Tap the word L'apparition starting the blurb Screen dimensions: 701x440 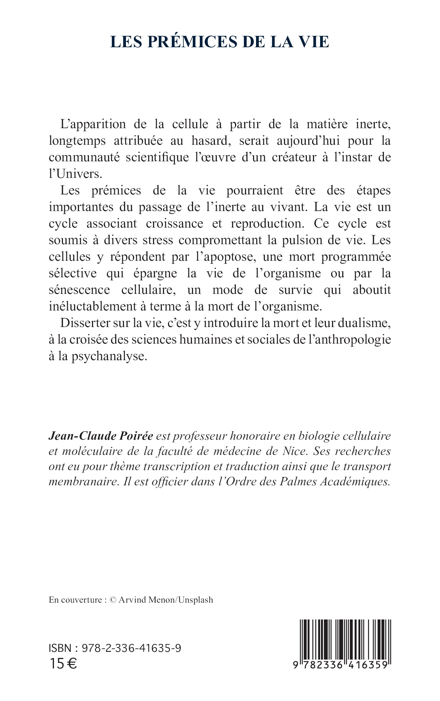pyautogui.click(x=93, y=124)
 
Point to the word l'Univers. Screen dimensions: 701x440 pyautogui.click(x=76, y=174)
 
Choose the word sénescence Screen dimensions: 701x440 pyautogui.click(x=79, y=290)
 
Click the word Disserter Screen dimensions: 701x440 pyautogui.click(x=85, y=323)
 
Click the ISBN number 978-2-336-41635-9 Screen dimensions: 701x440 pyautogui.click(x=131, y=648)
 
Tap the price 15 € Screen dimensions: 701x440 pyautogui.click(x=63, y=664)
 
